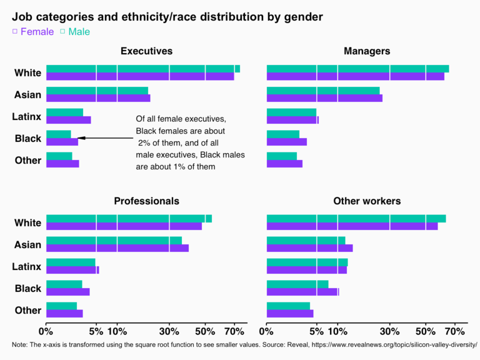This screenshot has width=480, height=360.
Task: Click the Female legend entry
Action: pyautogui.click(x=37, y=31)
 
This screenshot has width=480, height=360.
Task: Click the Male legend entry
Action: pyautogui.click(x=79, y=31)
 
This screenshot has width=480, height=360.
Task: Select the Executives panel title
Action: pyautogui.click(x=146, y=51)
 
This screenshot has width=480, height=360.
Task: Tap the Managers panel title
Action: pyautogui.click(x=367, y=51)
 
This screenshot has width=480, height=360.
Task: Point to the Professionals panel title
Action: pyautogui.click(x=146, y=201)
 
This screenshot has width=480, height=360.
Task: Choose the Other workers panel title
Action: pyautogui.click(x=367, y=201)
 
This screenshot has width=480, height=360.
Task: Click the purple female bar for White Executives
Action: pyautogui.click(x=140, y=76)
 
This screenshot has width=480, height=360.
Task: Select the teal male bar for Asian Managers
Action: pyautogui.click(x=323, y=91)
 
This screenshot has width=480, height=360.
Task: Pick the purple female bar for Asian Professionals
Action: pyautogui.click(x=117, y=248)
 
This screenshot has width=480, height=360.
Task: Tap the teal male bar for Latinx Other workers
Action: pyautogui.click(x=307, y=262)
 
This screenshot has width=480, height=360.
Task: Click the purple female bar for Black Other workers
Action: pyautogui.click(x=302, y=292)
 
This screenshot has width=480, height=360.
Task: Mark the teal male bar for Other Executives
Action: pyautogui.click(x=59, y=156)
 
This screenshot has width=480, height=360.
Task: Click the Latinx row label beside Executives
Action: pyautogui.click(x=27, y=117)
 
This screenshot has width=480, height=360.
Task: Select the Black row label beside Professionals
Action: pyautogui.click(x=28, y=289)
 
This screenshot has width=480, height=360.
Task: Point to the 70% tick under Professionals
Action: pyautogui.click(x=234, y=330)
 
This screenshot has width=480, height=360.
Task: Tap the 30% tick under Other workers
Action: pyautogui.click(x=389, y=330)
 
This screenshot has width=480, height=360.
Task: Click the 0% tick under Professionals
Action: pyautogui.click(x=46, y=330)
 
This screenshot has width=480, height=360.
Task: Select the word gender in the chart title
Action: pyautogui.click(x=304, y=17)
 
